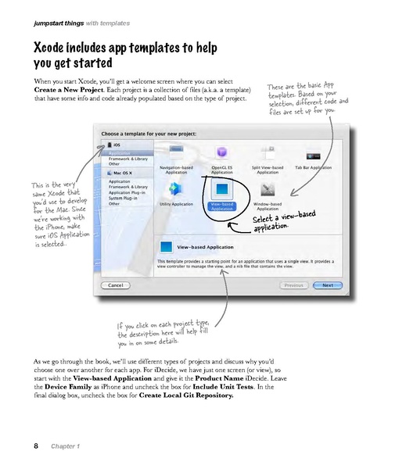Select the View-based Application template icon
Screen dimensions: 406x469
click(222, 191)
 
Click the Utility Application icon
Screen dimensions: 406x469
click(177, 189)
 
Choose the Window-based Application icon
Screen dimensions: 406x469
click(268, 189)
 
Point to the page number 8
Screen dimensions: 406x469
click(35, 446)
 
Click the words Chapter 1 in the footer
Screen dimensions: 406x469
click(66, 446)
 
